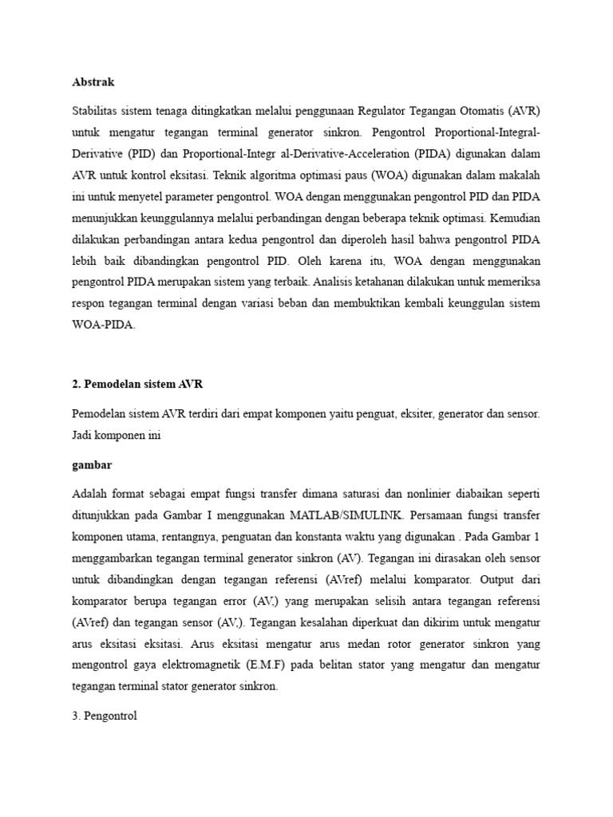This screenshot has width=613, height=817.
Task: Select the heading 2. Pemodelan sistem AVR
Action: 137,384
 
